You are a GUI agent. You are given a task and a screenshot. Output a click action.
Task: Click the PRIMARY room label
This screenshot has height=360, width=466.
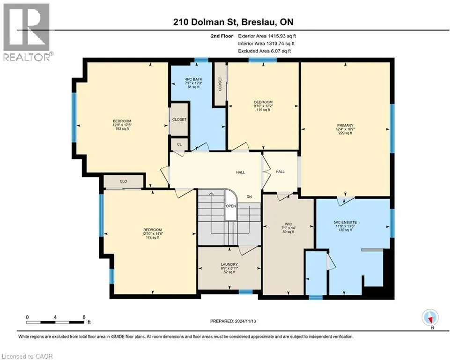(345, 125)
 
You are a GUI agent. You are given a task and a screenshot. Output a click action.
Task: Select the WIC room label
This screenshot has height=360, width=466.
(288, 224)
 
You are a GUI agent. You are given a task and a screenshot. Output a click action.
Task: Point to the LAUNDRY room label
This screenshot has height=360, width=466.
(229, 264)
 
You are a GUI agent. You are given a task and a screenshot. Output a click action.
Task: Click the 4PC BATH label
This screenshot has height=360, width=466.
(193, 79)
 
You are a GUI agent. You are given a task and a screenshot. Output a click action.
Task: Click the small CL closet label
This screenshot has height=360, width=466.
(179, 144)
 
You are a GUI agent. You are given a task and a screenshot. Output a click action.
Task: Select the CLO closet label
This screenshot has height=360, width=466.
(123, 181)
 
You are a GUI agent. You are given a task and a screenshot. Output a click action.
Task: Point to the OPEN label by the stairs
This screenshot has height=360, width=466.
(230, 206)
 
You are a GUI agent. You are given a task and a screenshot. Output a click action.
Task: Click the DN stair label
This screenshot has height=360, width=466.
(249, 197)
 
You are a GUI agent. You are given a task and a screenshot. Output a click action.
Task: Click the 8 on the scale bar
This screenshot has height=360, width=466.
(84, 317)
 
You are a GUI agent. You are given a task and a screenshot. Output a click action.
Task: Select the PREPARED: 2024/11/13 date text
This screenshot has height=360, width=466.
(233, 321)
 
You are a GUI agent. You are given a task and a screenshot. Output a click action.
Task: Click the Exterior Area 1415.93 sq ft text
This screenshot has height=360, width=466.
(267, 36)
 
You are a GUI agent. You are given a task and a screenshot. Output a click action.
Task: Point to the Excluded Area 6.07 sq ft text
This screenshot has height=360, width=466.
(265, 51)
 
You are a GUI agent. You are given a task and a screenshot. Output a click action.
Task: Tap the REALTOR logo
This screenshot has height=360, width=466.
(27, 32)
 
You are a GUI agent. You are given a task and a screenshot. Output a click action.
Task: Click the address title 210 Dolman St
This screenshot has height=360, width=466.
(205, 22)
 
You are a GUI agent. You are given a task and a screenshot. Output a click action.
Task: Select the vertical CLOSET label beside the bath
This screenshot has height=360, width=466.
(220, 84)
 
